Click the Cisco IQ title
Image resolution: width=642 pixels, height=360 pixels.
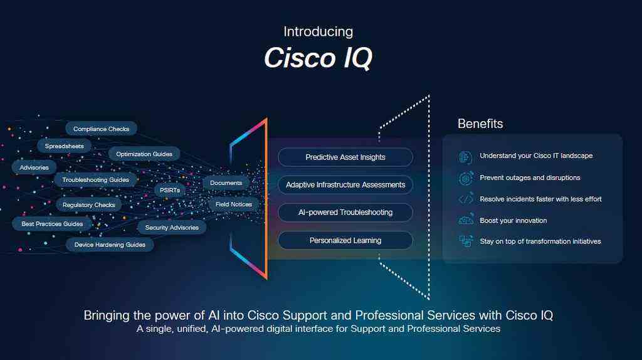(x=318, y=58)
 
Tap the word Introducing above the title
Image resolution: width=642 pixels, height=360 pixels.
(x=318, y=31)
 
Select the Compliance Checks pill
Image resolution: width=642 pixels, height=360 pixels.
(x=101, y=129)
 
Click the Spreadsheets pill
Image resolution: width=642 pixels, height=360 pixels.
(x=64, y=146)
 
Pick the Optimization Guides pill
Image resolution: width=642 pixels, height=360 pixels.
(x=144, y=154)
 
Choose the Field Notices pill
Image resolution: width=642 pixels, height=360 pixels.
(x=234, y=204)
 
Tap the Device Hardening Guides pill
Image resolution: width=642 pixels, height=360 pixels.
(x=110, y=245)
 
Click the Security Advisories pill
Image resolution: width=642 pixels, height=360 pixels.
(x=172, y=228)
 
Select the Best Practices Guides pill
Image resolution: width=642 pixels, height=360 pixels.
(x=52, y=224)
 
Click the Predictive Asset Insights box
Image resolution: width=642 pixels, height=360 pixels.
(x=345, y=157)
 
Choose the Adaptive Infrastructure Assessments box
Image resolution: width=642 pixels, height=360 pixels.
(x=345, y=185)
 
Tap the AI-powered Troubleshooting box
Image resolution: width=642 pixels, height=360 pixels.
(x=345, y=213)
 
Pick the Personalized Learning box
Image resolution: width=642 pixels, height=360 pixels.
(x=345, y=240)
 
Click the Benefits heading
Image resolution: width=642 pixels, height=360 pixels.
(x=480, y=124)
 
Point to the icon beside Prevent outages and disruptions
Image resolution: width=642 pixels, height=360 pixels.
(x=465, y=178)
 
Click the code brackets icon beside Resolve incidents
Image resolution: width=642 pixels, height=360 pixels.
(x=465, y=199)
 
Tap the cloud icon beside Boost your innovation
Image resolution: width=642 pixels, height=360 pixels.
(x=465, y=220)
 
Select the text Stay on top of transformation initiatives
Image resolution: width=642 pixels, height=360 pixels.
(x=540, y=241)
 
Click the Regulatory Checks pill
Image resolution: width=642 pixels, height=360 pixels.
(x=88, y=205)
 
